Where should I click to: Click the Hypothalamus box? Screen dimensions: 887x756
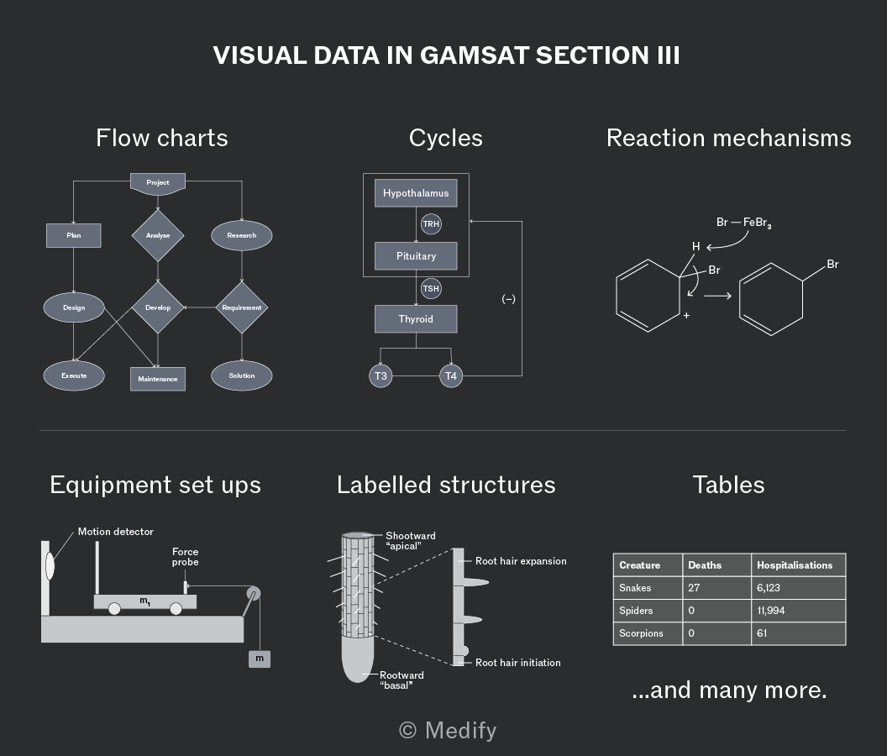point(416,193)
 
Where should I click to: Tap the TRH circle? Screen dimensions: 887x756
point(431,224)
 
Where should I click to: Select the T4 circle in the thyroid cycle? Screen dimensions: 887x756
point(451,375)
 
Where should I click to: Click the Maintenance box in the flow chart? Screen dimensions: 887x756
point(158,379)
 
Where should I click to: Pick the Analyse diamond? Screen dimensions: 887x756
point(158,235)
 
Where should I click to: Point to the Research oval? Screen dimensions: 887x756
point(242,235)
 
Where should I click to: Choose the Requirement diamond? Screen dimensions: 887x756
point(242,307)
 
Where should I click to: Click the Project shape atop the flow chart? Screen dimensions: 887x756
point(158,184)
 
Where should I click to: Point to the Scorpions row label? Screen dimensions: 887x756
point(641,633)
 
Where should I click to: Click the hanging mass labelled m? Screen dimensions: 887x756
point(260,659)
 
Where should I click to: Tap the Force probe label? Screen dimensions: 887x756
point(186,557)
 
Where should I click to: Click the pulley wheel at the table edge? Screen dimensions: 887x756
point(254,593)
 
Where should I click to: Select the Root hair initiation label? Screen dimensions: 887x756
point(518,663)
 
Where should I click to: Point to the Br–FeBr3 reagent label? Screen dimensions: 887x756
point(744,223)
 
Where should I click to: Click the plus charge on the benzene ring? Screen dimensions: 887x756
point(686,315)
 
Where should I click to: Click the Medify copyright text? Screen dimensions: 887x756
point(448,731)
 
